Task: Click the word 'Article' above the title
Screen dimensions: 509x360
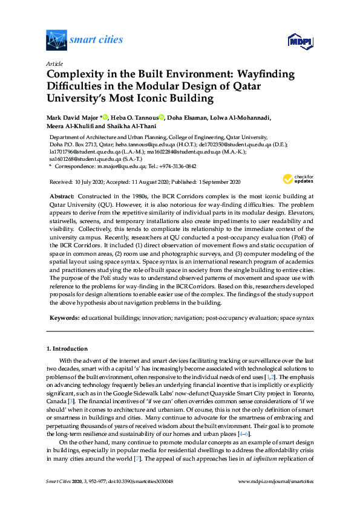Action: (54, 63)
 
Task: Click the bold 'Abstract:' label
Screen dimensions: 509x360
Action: (61, 197)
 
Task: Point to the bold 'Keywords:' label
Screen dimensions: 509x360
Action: (63, 317)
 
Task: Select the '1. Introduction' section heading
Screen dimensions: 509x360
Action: (67, 349)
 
